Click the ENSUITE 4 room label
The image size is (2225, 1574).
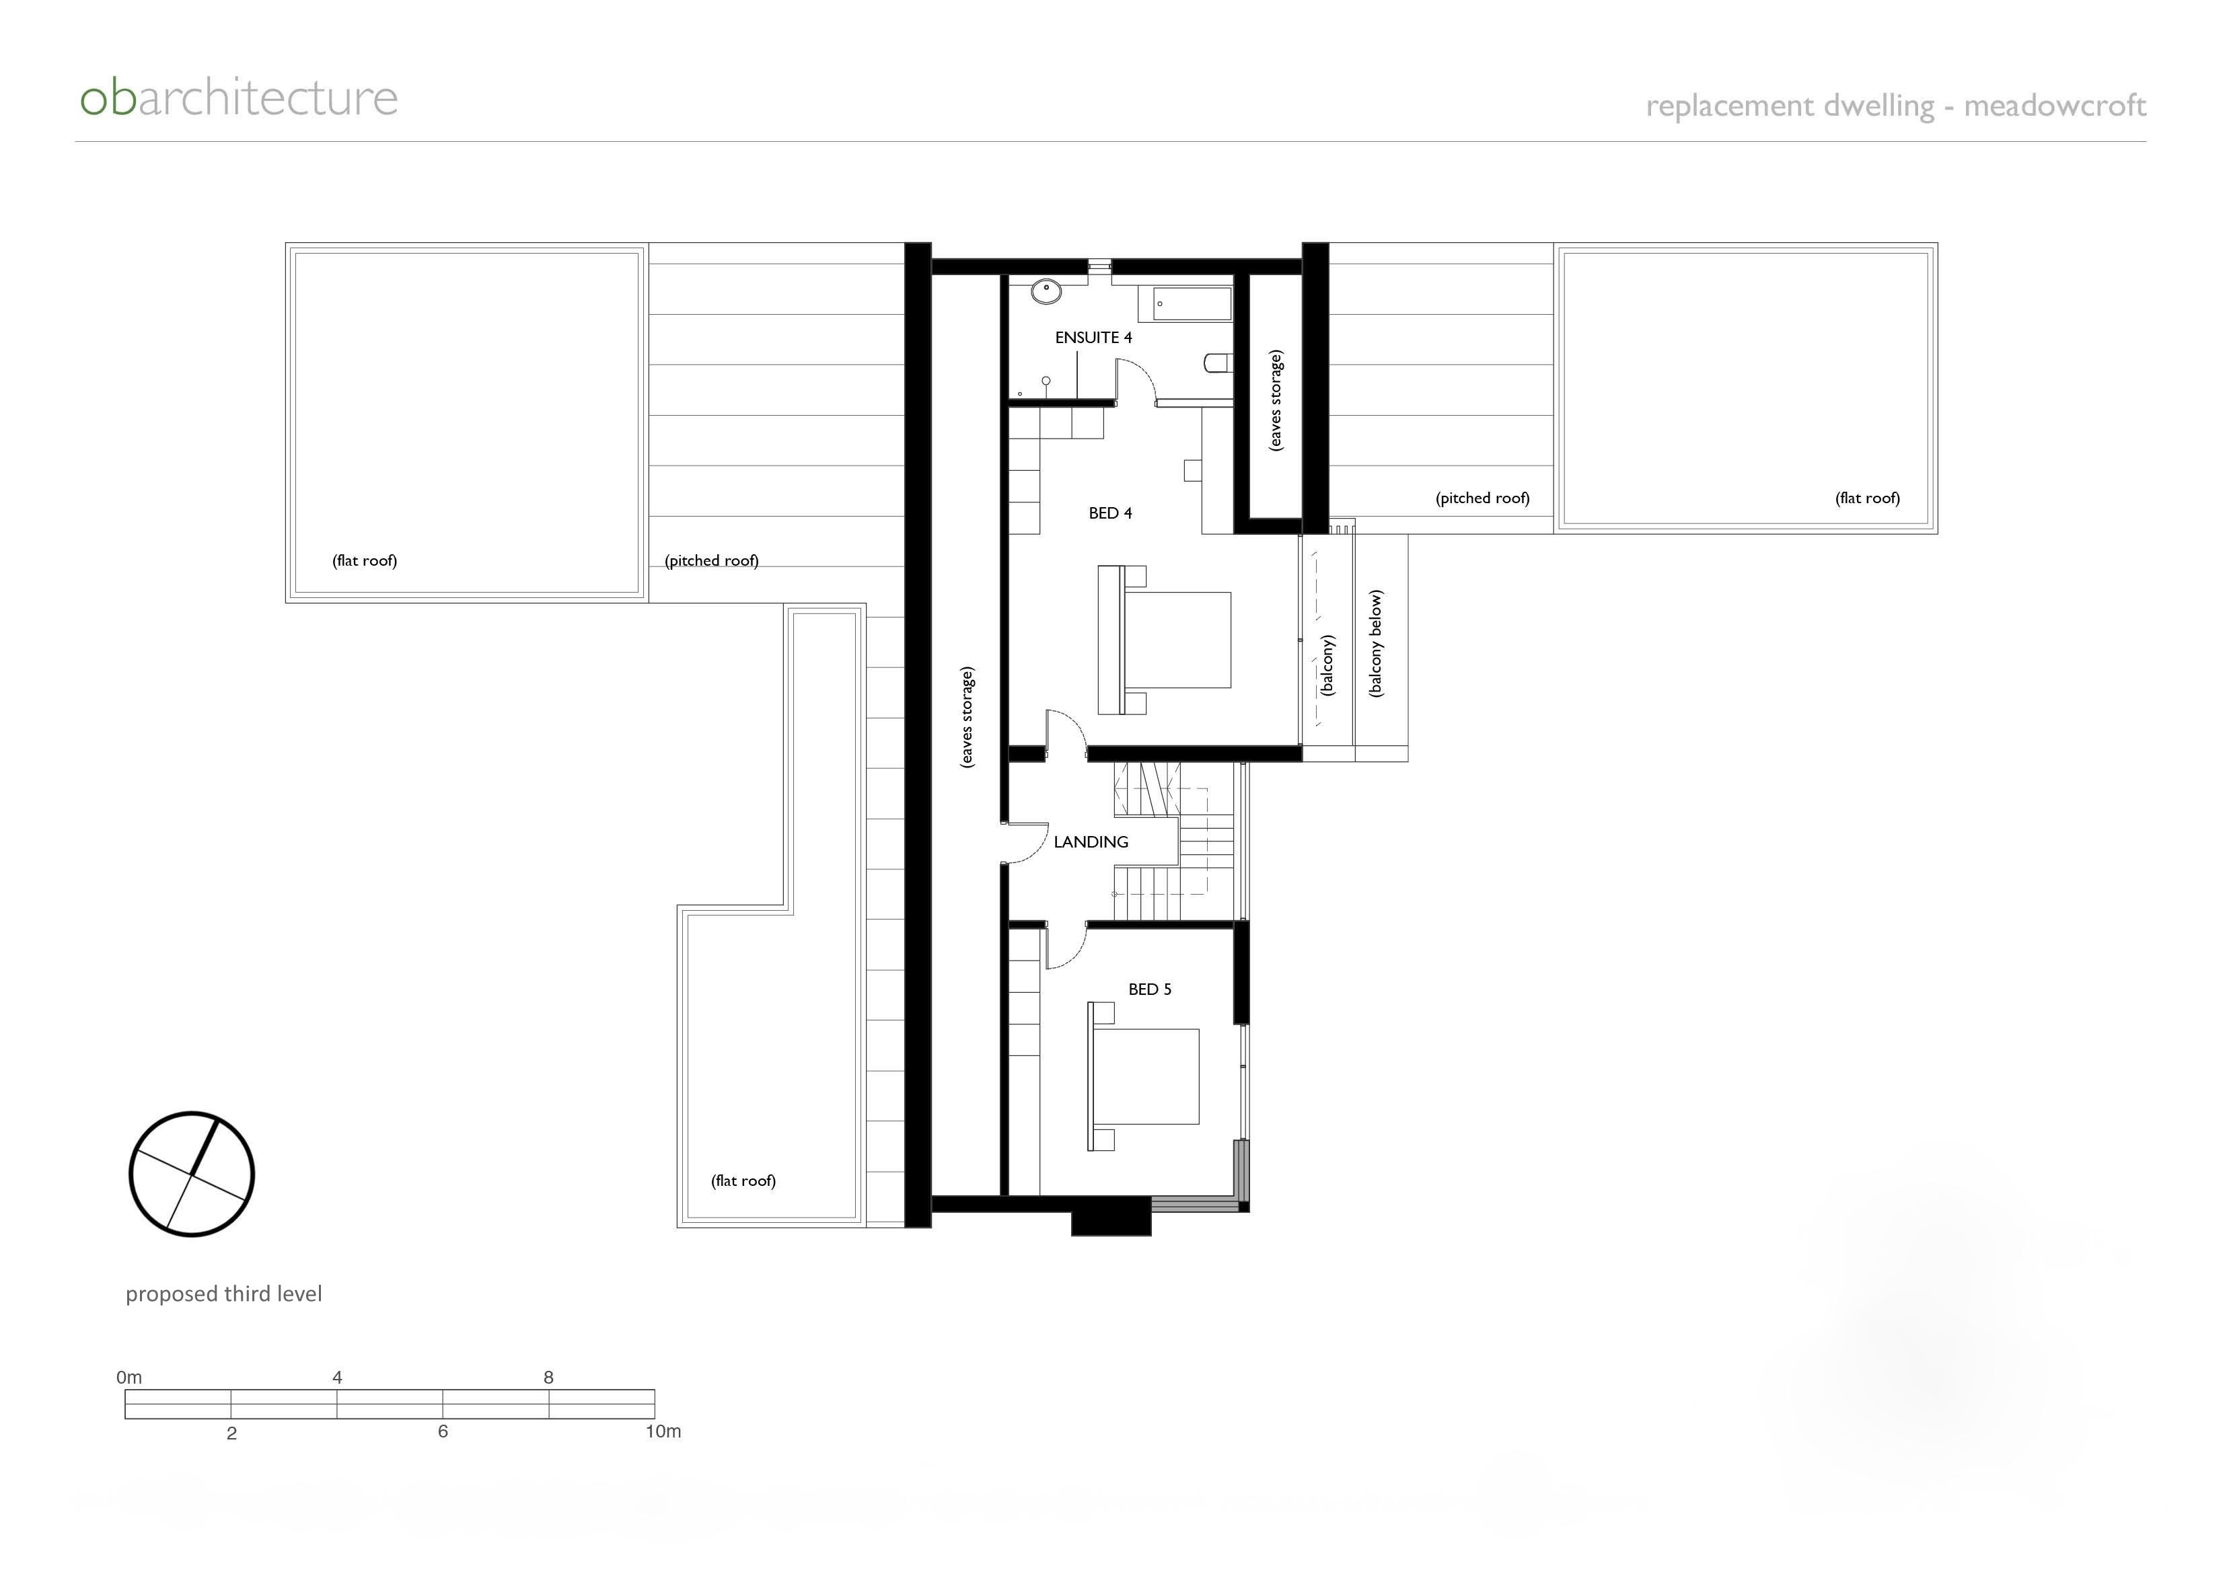point(1093,337)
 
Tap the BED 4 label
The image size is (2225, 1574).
point(1110,513)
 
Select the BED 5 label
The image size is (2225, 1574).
point(1149,989)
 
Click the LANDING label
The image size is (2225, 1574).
point(1091,841)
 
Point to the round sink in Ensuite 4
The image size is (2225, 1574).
point(1046,291)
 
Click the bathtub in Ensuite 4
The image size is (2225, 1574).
point(1192,303)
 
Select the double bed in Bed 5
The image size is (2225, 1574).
point(1143,1076)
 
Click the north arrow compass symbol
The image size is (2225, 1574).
point(192,1174)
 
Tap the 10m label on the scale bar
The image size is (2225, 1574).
point(663,1431)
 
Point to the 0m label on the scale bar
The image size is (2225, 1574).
point(129,1378)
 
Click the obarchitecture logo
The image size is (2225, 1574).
point(238,98)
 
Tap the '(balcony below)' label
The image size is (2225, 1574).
point(1376,644)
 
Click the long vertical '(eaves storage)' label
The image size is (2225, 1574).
point(967,717)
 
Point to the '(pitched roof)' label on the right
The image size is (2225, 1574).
point(1482,498)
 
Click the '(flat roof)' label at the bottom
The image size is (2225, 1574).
point(743,1180)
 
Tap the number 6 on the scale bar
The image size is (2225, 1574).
point(443,1431)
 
